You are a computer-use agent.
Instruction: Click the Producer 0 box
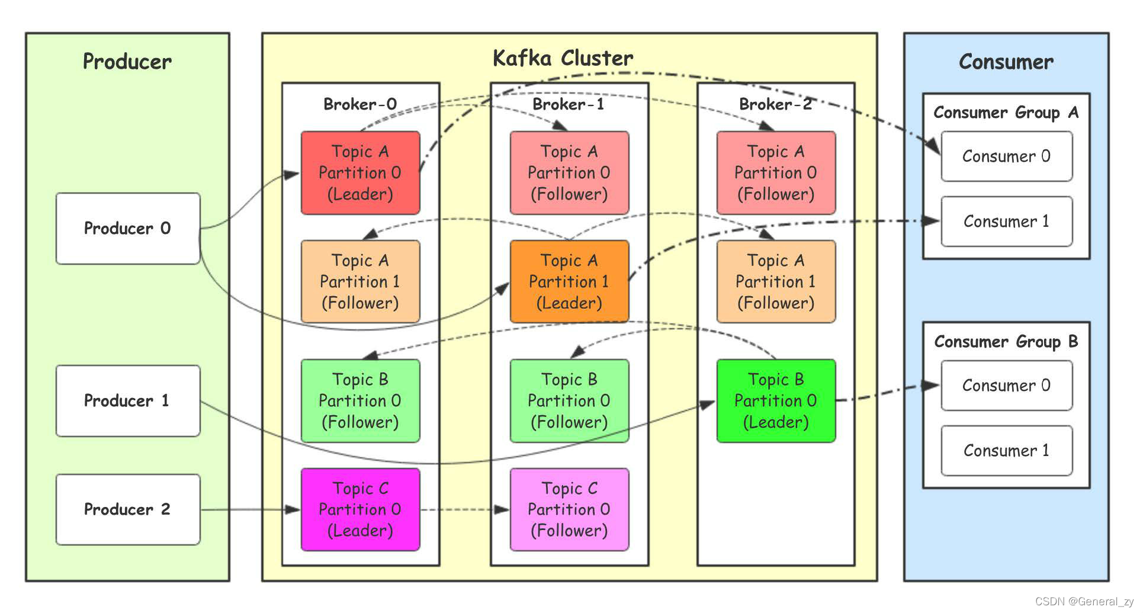[x=128, y=228]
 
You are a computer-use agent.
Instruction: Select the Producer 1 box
[x=128, y=400]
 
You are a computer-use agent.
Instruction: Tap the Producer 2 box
[x=128, y=509]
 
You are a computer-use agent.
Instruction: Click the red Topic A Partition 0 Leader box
[x=360, y=172]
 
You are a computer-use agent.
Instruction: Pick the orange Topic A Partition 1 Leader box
[x=569, y=281]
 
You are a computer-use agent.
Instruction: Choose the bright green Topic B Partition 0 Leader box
[x=776, y=400]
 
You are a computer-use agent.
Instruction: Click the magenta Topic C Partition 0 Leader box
[x=360, y=509]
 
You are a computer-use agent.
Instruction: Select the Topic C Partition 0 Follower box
[x=569, y=509]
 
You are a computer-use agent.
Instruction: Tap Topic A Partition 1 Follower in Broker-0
[x=360, y=281]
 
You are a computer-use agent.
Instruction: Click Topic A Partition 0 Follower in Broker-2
[x=776, y=172]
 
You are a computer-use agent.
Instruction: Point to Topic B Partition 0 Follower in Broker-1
[x=569, y=400]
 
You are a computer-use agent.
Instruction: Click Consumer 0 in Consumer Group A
[x=1006, y=156]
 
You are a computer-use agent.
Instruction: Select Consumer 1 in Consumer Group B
[x=1006, y=451]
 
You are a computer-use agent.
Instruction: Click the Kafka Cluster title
[x=563, y=58]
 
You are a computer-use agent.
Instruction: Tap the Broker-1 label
[x=568, y=104]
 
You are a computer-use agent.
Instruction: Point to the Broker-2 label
[x=775, y=104]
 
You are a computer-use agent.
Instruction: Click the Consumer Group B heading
[x=1006, y=342]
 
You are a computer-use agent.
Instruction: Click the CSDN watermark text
[x=1084, y=601]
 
